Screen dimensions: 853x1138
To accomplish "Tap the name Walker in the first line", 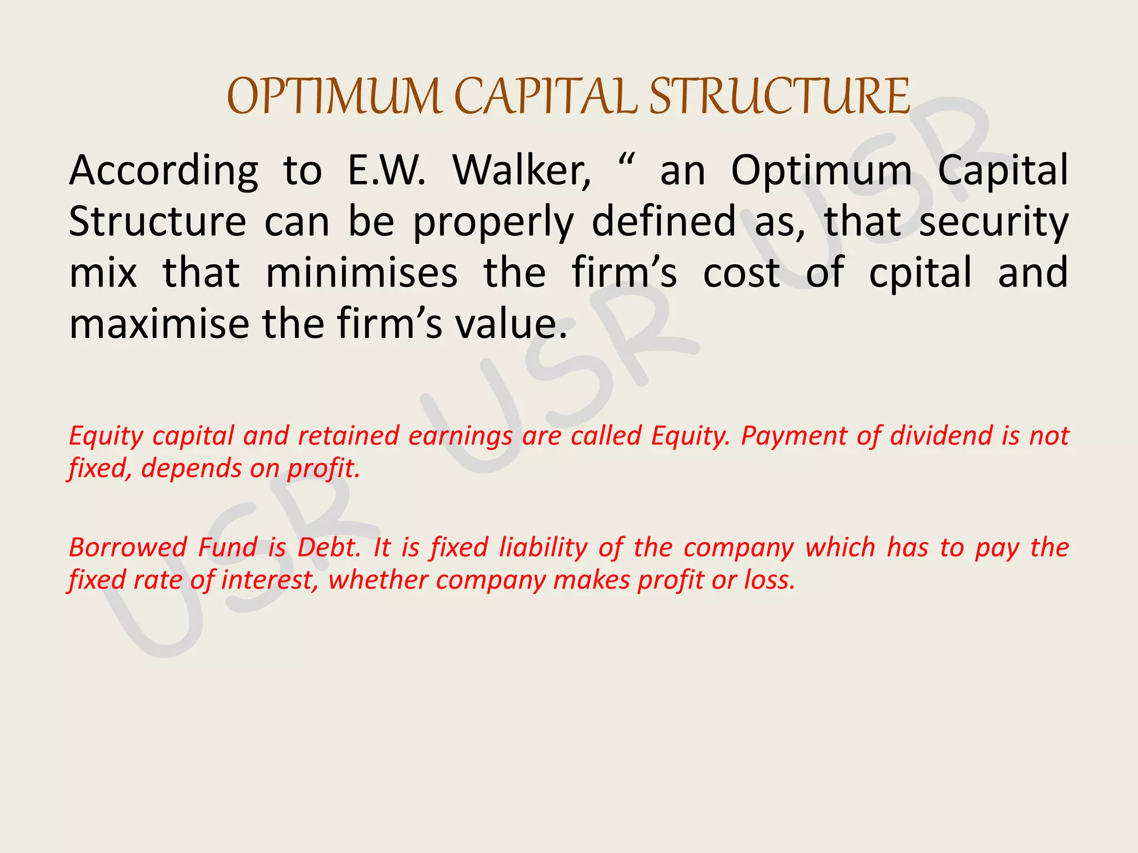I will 522,170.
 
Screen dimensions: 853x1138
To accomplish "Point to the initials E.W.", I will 387,170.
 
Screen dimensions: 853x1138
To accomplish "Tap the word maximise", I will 159,324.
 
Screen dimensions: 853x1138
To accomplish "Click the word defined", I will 664,222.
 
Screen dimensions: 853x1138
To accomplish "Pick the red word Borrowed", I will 128,548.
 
